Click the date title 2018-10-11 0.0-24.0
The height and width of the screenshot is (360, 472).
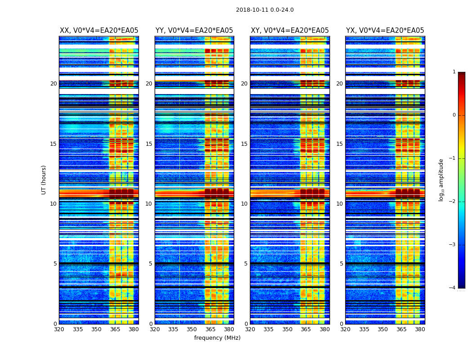265,10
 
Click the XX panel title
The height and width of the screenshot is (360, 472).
99,31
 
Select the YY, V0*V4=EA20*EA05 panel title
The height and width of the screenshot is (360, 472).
194,31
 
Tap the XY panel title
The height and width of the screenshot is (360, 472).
289,31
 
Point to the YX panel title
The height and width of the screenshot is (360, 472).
385,31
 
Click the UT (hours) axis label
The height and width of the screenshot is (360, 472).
44,180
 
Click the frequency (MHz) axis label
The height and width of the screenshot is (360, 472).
217,338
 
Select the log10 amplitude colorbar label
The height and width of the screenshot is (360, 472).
441,180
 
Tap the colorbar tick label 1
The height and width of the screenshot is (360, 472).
454,72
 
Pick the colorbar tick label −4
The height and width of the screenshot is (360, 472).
453,288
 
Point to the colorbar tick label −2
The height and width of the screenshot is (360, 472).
453,202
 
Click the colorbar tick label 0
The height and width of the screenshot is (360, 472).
454,115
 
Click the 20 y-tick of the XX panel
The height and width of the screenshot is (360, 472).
53,84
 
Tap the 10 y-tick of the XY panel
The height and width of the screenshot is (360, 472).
244,204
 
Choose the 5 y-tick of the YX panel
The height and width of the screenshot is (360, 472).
341,264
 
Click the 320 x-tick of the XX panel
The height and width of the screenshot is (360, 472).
59,329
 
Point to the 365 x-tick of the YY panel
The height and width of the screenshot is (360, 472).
210,329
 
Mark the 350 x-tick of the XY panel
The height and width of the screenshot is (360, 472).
287,329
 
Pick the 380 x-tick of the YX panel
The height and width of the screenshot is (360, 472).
420,329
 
